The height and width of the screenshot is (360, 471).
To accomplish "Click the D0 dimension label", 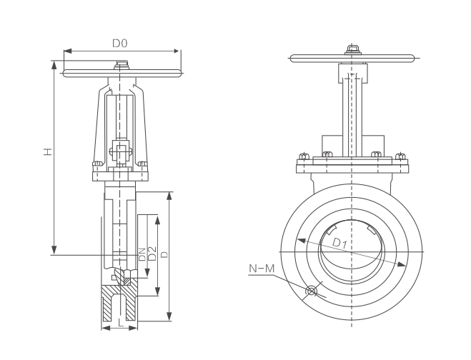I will (x=119, y=44).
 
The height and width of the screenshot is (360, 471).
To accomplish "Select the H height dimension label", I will (x=46, y=151).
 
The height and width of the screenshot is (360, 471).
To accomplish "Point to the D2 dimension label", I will (x=152, y=253).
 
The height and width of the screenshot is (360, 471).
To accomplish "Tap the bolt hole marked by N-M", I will (x=310, y=291).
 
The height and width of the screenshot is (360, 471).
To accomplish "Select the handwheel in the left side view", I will (x=122, y=73).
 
